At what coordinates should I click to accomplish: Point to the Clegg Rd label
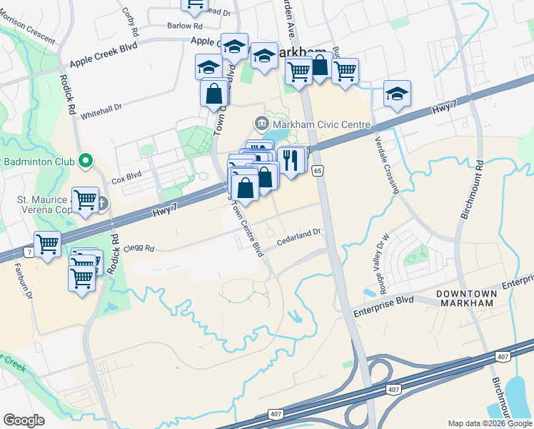pos(140,249)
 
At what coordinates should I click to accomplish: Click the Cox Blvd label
pos(127,174)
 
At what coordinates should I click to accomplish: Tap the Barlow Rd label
pos(179,26)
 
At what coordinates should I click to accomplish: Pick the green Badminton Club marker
pos(86,160)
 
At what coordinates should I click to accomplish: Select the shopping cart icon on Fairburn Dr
pos(48,244)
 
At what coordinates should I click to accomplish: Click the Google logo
pos(24,420)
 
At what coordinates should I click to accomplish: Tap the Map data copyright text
pos(490,423)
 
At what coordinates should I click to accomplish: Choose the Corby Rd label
pos(130,22)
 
